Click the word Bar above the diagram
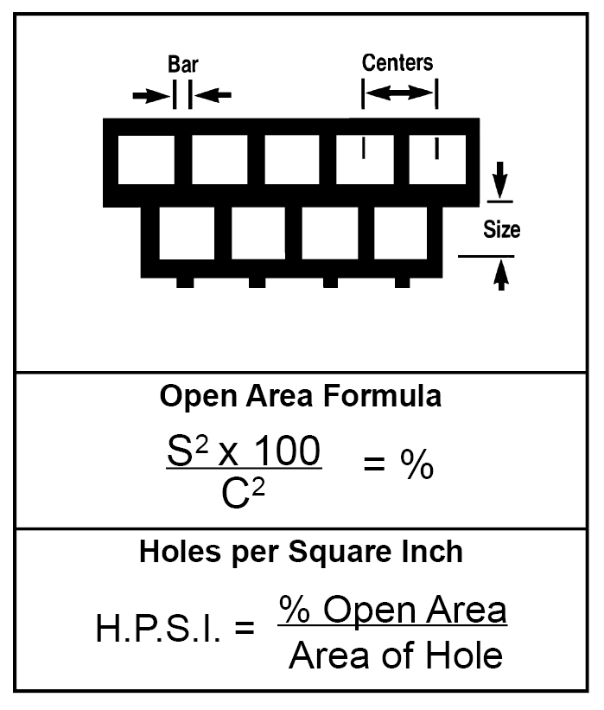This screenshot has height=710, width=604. click(x=183, y=64)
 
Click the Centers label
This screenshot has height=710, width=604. click(x=397, y=62)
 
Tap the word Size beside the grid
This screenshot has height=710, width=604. click(x=502, y=229)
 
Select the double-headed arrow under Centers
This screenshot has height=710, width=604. click(x=399, y=93)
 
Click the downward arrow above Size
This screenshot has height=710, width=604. click(x=499, y=179)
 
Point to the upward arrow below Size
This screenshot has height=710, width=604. click(x=500, y=275)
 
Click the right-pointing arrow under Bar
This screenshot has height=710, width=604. click(x=151, y=95)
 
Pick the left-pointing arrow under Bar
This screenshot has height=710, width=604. click(x=213, y=95)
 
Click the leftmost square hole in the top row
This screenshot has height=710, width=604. click(x=147, y=159)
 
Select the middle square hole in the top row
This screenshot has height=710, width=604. click(x=292, y=159)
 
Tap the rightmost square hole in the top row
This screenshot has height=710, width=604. click(x=437, y=159)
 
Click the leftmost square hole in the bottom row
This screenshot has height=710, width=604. click(x=187, y=233)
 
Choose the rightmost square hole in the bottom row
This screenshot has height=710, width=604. click(x=401, y=233)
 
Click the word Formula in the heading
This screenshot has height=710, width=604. click(x=382, y=396)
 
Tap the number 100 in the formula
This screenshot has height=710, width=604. click(x=287, y=451)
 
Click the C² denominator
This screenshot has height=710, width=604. click(x=243, y=494)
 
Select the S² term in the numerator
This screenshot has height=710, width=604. click(x=188, y=451)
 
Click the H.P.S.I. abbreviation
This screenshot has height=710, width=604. click(x=158, y=629)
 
